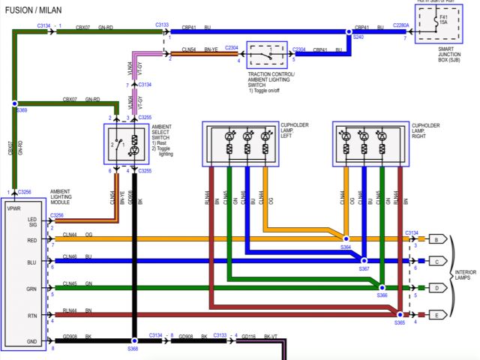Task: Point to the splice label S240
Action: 358,37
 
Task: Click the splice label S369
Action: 22,109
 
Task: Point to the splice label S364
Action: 345,247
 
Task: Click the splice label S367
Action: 364,268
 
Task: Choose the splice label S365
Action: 400,322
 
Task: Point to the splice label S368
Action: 133,348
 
